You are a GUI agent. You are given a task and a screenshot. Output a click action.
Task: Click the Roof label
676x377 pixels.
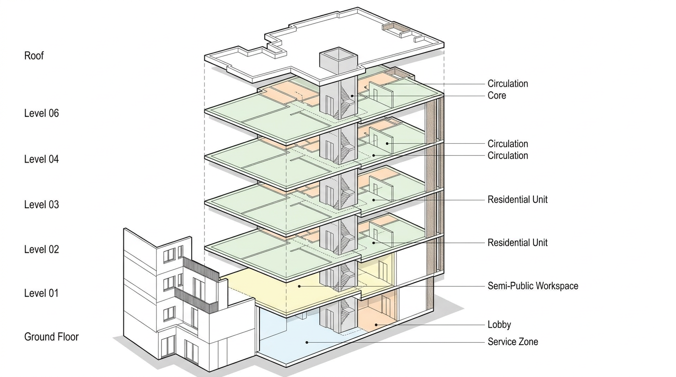click(x=34, y=56)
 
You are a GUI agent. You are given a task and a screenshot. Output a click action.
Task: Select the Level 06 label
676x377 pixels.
click(x=41, y=113)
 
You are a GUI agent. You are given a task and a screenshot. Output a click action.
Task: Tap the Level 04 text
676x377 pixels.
click(x=41, y=159)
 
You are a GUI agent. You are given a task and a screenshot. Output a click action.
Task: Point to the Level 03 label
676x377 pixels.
click(x=41, y=204)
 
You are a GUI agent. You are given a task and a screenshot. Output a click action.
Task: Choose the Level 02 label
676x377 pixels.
click(x=41, y=249)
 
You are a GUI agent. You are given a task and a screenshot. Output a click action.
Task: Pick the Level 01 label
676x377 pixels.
click(x=41, y=293)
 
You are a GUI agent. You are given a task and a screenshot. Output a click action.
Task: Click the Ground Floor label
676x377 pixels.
click(x=51, y=337)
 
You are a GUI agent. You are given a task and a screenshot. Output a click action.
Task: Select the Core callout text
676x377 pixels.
click(x=497, y=96)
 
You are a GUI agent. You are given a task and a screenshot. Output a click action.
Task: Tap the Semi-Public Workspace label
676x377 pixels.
click(x=533, y=286)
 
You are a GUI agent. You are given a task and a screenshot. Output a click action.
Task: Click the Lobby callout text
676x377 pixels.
click(x=499, y=325)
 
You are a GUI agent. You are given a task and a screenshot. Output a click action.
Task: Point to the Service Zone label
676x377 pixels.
click(x=512, y=342)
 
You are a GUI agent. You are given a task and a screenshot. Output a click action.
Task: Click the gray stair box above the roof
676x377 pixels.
click(x=338, y=60)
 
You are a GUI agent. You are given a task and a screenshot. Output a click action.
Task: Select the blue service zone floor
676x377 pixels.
click(x=295, y=339)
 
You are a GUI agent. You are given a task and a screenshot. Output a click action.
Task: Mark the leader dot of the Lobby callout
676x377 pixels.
click(x=376, y=324)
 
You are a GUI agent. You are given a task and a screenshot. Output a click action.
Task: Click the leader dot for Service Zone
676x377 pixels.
click(x=307, y=342)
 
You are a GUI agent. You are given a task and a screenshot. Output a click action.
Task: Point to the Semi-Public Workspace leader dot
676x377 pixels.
click(x=299, y=286)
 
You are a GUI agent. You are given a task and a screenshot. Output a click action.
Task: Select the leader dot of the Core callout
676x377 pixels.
click(x=352, y=96)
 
